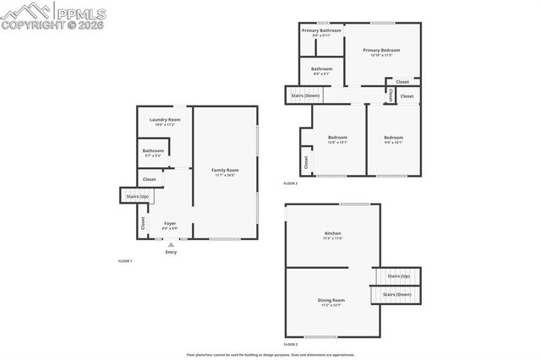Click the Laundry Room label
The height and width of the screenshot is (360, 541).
165,121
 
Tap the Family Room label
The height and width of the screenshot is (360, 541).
225,172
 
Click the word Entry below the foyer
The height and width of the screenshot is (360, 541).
171,252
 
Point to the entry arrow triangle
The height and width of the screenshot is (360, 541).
171,244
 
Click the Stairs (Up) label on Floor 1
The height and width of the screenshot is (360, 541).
137,197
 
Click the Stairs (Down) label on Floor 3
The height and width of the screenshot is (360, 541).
305,95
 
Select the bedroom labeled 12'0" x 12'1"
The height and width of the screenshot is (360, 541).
337,139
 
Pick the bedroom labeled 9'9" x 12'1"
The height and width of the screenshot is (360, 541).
393,139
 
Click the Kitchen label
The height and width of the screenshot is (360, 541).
332,234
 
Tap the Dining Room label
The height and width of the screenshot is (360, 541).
331,301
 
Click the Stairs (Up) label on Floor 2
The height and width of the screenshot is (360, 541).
398,276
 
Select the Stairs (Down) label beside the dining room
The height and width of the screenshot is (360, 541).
396,294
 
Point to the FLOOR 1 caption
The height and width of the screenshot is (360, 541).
125,261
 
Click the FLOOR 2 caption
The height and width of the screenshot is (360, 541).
291,345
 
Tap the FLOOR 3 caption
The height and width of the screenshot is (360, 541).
291,183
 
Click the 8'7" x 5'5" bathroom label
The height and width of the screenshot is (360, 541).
153,153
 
